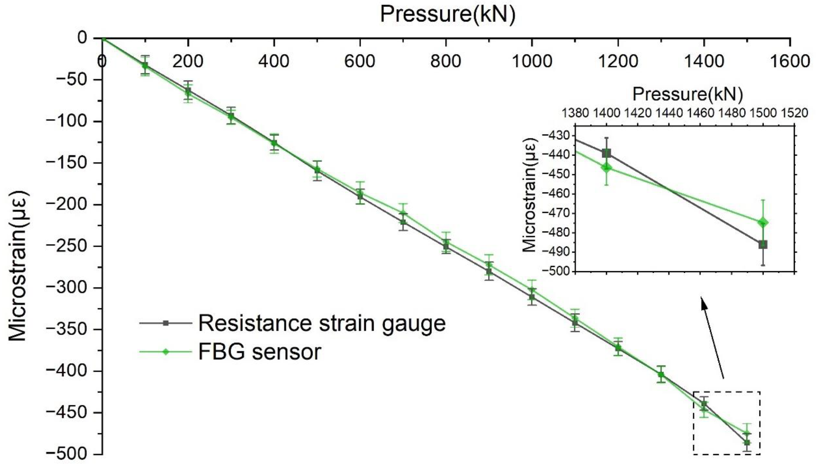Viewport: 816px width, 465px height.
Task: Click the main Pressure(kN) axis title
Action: click(x=448, y=14)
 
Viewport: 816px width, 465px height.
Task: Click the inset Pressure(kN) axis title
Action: click(x=688, y=94)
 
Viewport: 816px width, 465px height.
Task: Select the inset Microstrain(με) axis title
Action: click(x=529, y=195)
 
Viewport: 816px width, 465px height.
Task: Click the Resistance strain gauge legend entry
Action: click(x=321, y=323)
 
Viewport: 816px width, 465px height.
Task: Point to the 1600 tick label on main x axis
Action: click(x=790, y=61)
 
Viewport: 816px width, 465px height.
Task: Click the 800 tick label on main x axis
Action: click(x=446, y=61)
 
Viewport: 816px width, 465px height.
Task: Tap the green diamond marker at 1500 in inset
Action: click(x=763, y=223)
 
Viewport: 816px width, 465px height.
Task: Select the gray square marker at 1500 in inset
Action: click(x=763, y=245)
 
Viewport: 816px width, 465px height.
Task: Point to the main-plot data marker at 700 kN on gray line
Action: click(x=403, y=222)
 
